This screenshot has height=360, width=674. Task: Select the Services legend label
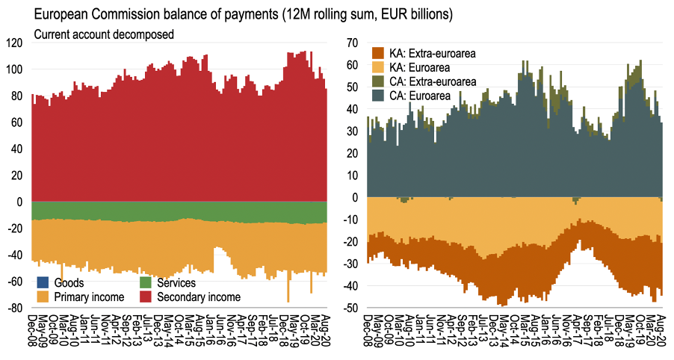pyautogui.click(x=176, y=283)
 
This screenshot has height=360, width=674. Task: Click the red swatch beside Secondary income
pyautogui.click(x=146, y=297)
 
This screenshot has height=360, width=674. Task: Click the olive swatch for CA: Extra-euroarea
pyautogui.click(x=378, y=81)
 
